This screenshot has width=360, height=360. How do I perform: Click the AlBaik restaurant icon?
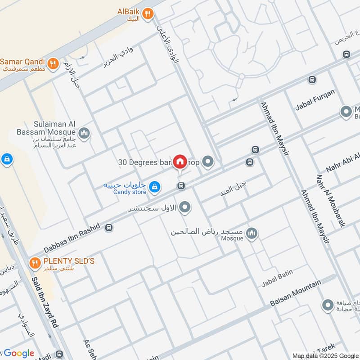pyautogui.click(x=147, y=15)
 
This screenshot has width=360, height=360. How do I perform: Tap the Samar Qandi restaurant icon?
pyautogui.click(x=53, y=64)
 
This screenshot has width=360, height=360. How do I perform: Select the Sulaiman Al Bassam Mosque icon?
pyautogui.click(x=84, y=133)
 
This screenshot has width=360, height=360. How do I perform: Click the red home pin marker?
pyautogui.click(x=180, y=161)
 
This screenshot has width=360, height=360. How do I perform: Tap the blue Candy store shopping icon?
pyautogui.click(x=155, y=187)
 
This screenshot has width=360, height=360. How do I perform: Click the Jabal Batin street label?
pyautogui.click(x=278, y=278)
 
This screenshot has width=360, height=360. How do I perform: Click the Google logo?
pyautogui.click(x=18, y=353)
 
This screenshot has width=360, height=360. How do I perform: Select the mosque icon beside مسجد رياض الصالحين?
pyautogui.click(x=252, y=233)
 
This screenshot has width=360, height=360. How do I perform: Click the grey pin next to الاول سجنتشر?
pyautogui.click(x=185, y=208)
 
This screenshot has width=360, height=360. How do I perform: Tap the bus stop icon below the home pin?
pyautogui.click(x=181, y=185)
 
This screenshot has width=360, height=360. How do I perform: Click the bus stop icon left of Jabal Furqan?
pyautogui.click(x=312, y=80)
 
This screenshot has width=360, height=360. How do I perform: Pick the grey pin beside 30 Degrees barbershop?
pyautogui.click(x=207, y=161)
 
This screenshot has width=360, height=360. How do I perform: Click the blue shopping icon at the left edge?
pyautogui.click(x=6, y=159)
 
